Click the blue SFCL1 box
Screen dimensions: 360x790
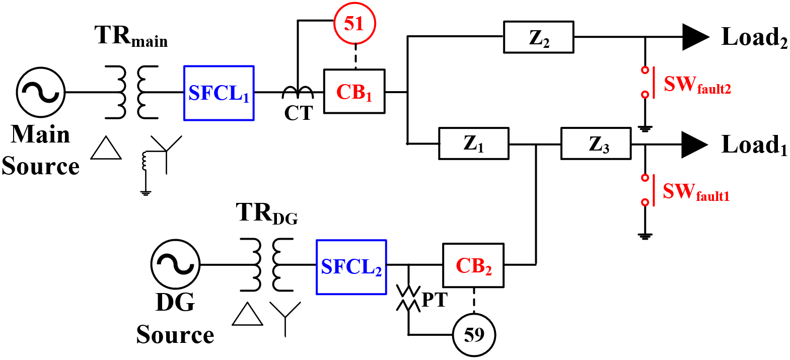pyautogui.click(x=219, y=93)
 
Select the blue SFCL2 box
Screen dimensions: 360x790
pyautogui.click(x=351, y=267)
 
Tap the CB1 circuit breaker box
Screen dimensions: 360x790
pyautogui.click(x=354, y=92)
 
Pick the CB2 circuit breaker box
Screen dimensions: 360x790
pyautogui.click(x=473, y=265)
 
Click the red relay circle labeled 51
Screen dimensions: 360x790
pyautogui.click(x=354, y=23)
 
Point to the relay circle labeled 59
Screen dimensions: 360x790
pyautogui.click(x=474, y=335)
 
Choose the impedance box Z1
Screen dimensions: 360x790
pyautogui.click(x=473, y=143)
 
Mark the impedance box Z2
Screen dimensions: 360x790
pyautogui.click(x=538, y=37)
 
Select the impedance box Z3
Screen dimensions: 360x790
pyautogui.click(x=596, y=143)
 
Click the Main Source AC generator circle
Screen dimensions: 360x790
pyautogui.click(x=41, y=92)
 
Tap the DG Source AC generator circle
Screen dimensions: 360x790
pyautogui.click(x=175, y=264)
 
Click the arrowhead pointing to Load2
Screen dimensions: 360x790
pyautogui.click(x=695, y=37)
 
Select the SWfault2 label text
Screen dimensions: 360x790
pyautogui.click(x=697, y=85)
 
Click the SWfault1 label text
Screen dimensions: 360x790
pyautogui.click(x=696, y=192)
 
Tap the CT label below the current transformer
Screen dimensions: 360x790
pyautogui.click(x=299, y=113)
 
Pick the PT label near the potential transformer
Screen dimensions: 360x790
pyautogui.click(x=434, y=300)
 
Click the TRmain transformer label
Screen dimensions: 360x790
pyautogui.click(x=131, y=36)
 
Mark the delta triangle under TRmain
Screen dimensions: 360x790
pyautogui.click(x=106, y=149)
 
